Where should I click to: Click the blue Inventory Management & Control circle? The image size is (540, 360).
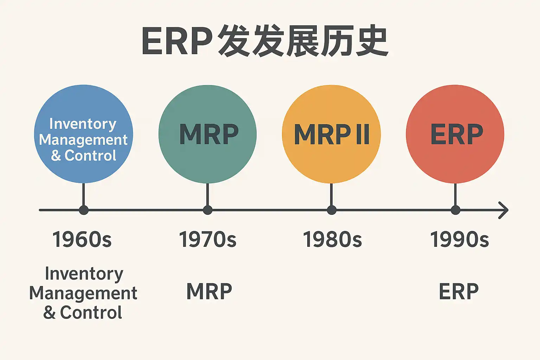coord(83,134)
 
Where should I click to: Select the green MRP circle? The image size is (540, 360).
coord(207,134)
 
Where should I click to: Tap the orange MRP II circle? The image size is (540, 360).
coord(331,134)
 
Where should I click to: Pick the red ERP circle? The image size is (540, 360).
coord(455,134)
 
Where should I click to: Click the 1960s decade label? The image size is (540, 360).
coord(82,240)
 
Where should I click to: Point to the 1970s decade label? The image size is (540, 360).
coord(207,240)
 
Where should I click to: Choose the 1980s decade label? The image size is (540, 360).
coord(332,240)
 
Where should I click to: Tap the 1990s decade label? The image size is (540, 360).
coord(459,240)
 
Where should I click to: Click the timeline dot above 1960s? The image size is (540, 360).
coord(84,210)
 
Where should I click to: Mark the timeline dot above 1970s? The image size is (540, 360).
coord(208,210)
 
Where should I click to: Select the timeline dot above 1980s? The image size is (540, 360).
coord(332,210)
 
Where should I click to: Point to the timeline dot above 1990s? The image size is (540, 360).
coord(456,210)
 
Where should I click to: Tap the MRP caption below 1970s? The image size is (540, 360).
coord(209,291)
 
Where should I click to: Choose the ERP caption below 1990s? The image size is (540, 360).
coord(459,291)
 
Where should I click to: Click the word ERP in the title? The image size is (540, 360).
coord(177,41)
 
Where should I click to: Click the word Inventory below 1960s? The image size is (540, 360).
coord(84,274)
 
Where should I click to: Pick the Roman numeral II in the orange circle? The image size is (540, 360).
coord(362,134)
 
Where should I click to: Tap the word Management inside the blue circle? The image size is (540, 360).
coord(83,140)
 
